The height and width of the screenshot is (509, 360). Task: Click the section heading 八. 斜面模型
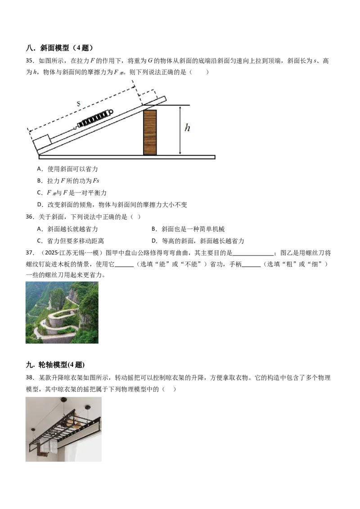tap(60, 48)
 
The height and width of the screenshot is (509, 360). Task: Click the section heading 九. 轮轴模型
tap(55, 365)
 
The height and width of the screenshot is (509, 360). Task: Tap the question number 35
tap(30, 61)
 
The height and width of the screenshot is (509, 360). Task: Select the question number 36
tap(30, 217)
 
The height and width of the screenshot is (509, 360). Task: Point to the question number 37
tap(30, 253)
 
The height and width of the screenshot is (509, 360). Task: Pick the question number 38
tap(30, 378)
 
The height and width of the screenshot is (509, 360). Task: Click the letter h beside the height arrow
tap(187, 128)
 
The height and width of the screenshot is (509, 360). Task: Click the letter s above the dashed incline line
tap(79, 104)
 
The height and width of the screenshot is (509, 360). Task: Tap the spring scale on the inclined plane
tap(94, 118)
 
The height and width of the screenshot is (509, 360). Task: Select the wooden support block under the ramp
tap(150, 132)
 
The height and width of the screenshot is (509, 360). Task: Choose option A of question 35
tap(67, 169)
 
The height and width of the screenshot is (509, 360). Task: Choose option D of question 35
tap(112, 205)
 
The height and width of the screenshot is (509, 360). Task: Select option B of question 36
tap(188, 229)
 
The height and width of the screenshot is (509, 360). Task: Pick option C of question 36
tap(71, 241)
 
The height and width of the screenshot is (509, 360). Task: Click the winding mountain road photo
tap(62, 313)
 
